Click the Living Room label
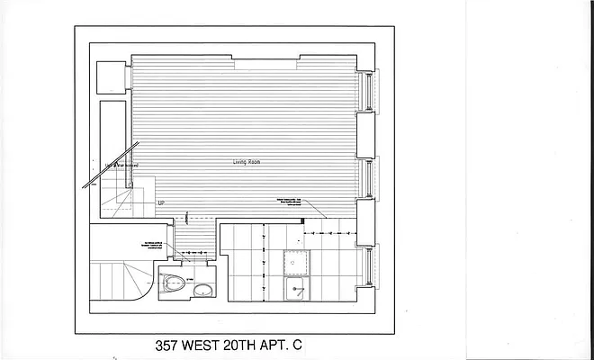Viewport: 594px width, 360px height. pyautogui.click(x=247, y=162)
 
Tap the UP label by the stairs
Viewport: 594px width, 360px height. pyautogui.click(x=161, y=203)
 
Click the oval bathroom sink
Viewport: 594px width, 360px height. pyautogui.click(x=203, y=290)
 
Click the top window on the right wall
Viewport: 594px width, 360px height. pyautogui.click(x=365, y=91)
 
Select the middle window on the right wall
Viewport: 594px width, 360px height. pyautogui.click(x=365, y=176)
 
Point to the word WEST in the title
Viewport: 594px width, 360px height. pyautogui.click(x=215, y=345)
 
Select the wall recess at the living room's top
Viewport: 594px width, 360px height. pyautogui.click(x=266, y=61)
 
